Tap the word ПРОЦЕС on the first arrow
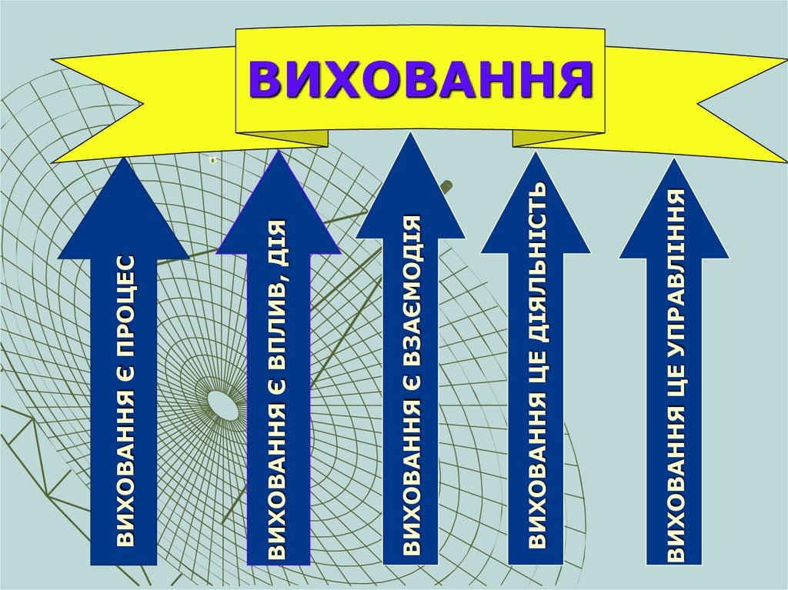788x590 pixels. pyautogui.click(x=125, y=301)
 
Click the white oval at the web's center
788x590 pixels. pyautogui.click(x=223, y=405)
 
